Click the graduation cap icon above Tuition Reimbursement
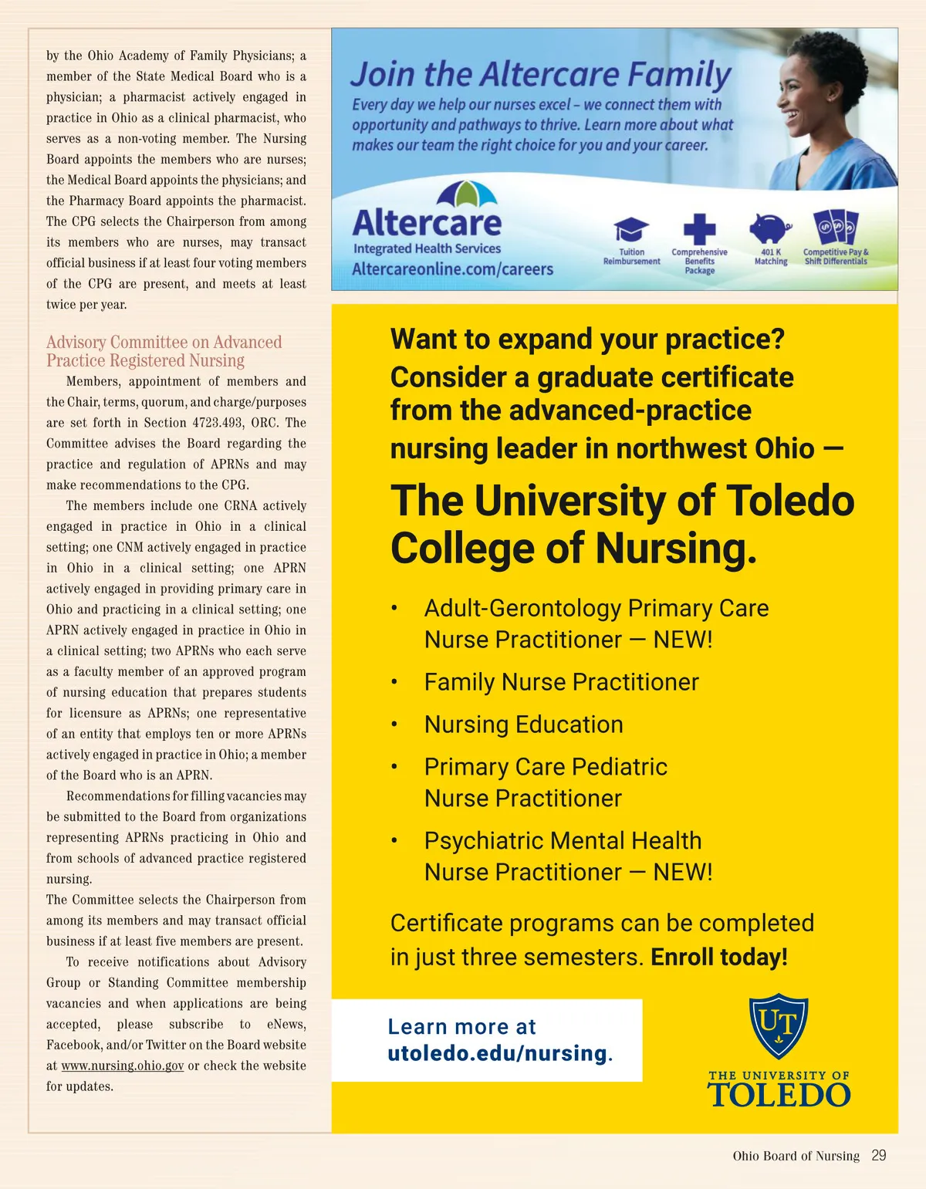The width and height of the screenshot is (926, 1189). [631, 229]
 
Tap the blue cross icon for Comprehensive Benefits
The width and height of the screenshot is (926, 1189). [699, 229]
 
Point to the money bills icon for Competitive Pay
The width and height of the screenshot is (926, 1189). [836, 227]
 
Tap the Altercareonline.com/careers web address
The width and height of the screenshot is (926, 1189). [453, 269]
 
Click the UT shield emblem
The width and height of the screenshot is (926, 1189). [779, 1026]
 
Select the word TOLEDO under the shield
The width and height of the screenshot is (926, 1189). [779, 1095]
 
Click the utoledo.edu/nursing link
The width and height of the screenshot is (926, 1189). [498, 1053]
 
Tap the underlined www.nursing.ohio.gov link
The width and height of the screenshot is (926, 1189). [123, 1066]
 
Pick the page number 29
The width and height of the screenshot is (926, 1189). [878, 1155]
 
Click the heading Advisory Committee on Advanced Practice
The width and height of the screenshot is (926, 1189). [164, 351]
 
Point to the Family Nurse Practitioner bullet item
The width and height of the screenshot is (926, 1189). [561, 682]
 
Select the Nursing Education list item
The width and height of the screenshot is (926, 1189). [523, 725]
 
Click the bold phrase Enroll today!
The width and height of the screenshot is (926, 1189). [719, 957]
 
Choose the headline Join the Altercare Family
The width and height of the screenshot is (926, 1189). [540, 75]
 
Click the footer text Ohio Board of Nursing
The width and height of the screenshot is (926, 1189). [796, 1156]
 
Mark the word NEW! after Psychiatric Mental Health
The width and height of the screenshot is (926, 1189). [683, 872]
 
